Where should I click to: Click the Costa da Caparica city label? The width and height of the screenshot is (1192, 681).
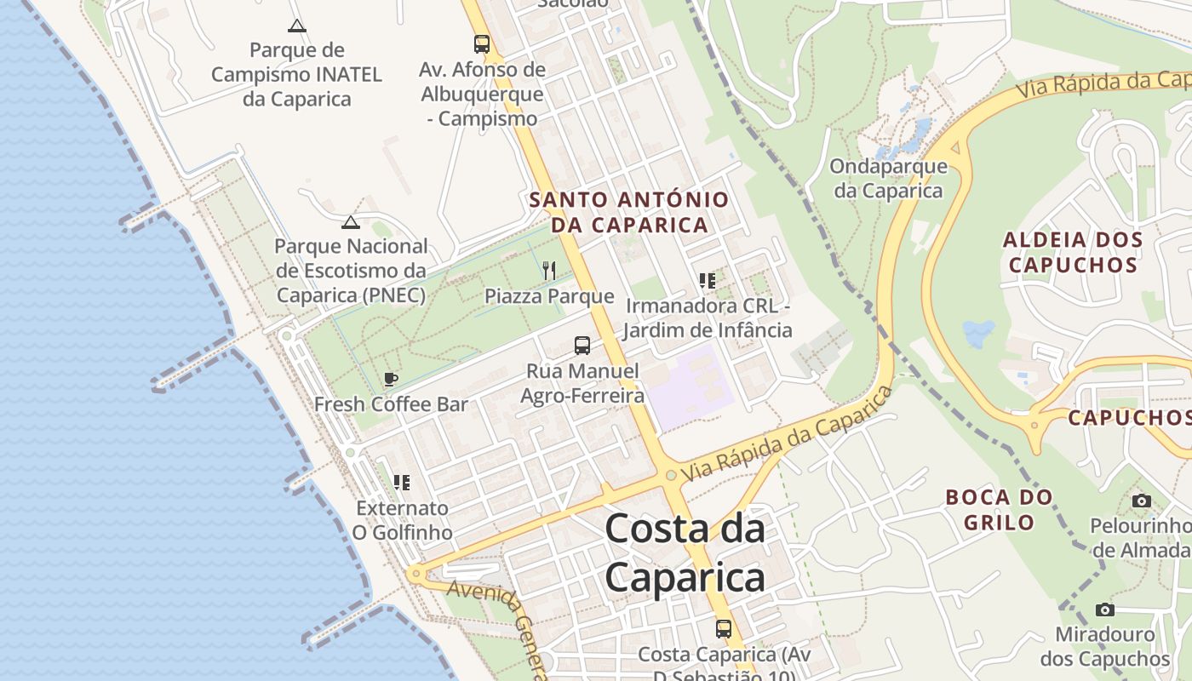tap(685, 554)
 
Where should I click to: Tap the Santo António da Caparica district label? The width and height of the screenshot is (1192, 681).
tap(629, 212)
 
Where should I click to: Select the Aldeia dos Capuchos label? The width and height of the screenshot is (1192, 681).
tap(1073, 252)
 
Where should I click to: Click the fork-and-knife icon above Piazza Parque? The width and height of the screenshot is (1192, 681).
tap(549, 271)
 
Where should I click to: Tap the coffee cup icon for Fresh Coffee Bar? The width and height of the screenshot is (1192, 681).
tap(391, 379)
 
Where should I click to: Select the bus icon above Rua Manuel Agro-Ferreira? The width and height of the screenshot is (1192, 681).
tap(582, 346)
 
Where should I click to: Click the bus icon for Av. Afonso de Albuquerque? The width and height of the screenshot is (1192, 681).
tap(482, 43)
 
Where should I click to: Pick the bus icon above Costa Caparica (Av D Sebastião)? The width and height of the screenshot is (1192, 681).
tap(724, 629)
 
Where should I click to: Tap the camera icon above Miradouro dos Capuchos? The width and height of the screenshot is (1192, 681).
tap(1105, 609)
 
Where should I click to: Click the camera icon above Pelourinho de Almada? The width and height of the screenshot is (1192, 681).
tap(1142, 501)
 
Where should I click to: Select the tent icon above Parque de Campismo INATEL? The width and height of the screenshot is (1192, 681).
tap(296, 26)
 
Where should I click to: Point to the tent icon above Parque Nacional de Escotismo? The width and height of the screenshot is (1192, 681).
tap(350, 222)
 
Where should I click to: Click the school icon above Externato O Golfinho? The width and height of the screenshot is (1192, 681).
tap(402, 483)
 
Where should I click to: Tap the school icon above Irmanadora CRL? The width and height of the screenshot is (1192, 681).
tap(707, 280)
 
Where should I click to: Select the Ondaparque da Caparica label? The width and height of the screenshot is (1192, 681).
tap(889, 179)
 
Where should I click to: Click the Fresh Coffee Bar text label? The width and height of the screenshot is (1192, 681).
tap(392, 404)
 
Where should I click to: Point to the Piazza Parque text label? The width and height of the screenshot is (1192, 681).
tap(549, 296)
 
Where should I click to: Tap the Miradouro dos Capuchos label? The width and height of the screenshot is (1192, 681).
tap(1105, 646)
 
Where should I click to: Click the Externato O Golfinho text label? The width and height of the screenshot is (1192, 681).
tap(403, 520)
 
